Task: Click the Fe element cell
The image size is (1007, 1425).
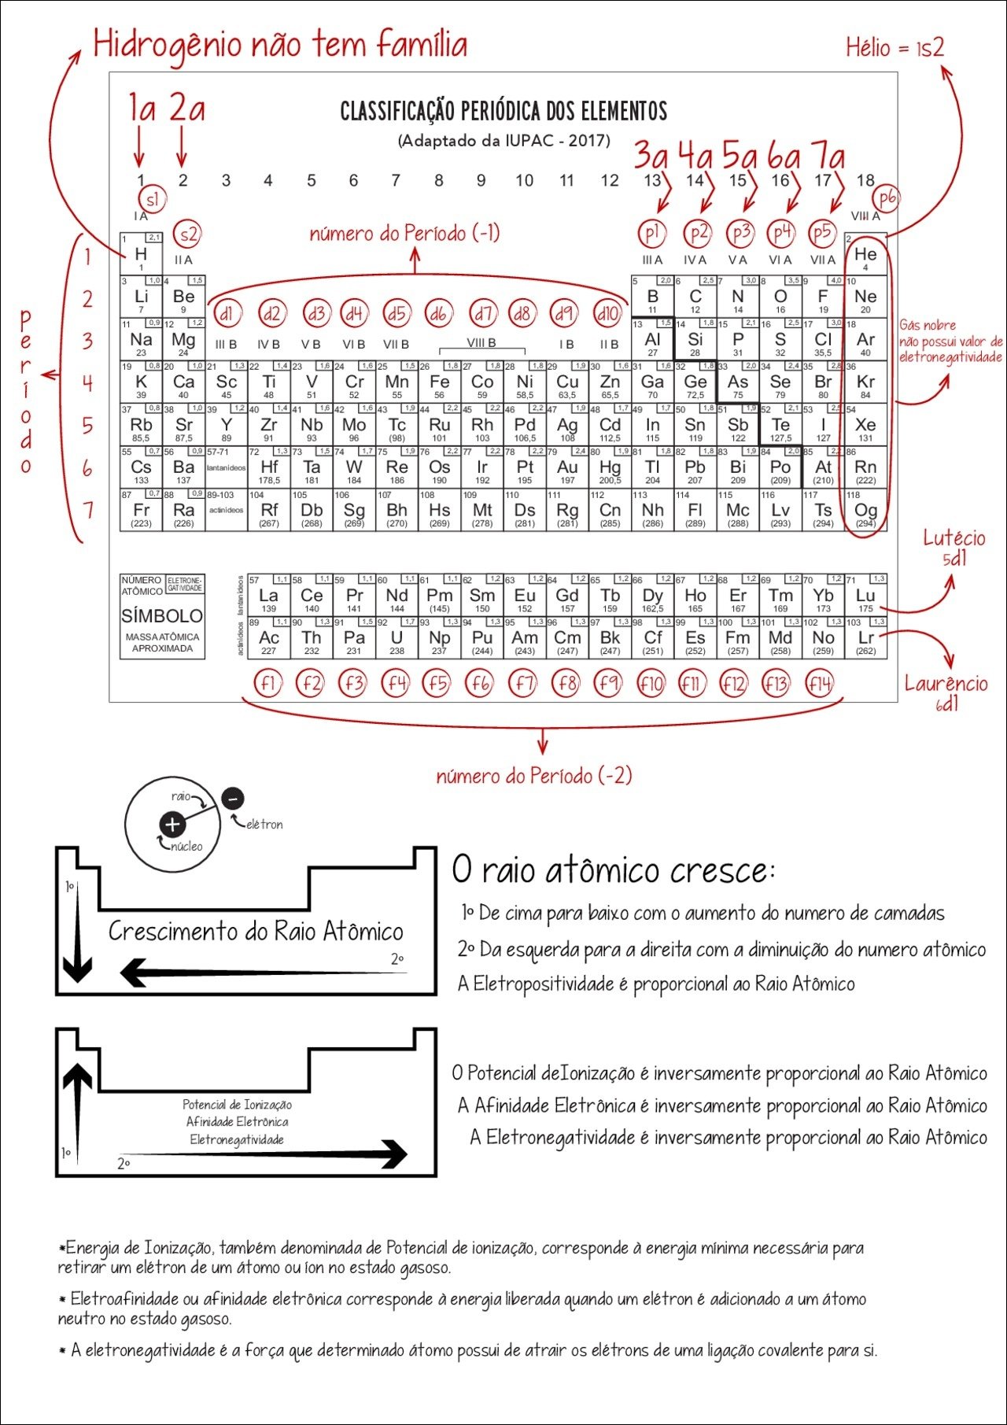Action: coord(439,383)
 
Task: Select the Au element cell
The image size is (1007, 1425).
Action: coord(567,468)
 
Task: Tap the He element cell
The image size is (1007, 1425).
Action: coord(865,256)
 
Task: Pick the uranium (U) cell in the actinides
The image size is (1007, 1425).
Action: coord(397,639)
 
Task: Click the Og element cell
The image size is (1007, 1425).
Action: coord(865,511)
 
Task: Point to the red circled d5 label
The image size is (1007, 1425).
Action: coord(397,314)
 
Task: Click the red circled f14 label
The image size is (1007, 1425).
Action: coord(819,684)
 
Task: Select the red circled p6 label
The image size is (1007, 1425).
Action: coord(887,199)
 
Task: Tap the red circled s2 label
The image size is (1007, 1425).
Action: coord(188,234)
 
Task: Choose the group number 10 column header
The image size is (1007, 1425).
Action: coord(524,181)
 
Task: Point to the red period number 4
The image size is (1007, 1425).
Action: coord(87,383)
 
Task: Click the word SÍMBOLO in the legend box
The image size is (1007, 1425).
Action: coord(162,616)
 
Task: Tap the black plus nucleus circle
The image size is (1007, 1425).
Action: coord(172,825)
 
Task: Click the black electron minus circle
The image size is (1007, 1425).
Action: coord(232,799)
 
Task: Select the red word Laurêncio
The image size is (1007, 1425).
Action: coord(946,683)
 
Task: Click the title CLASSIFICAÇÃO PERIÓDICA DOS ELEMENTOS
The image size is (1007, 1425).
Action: coord(503,112)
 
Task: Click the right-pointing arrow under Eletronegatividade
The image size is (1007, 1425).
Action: coord(267,1154)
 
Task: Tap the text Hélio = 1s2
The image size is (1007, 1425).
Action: coord(894,48)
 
